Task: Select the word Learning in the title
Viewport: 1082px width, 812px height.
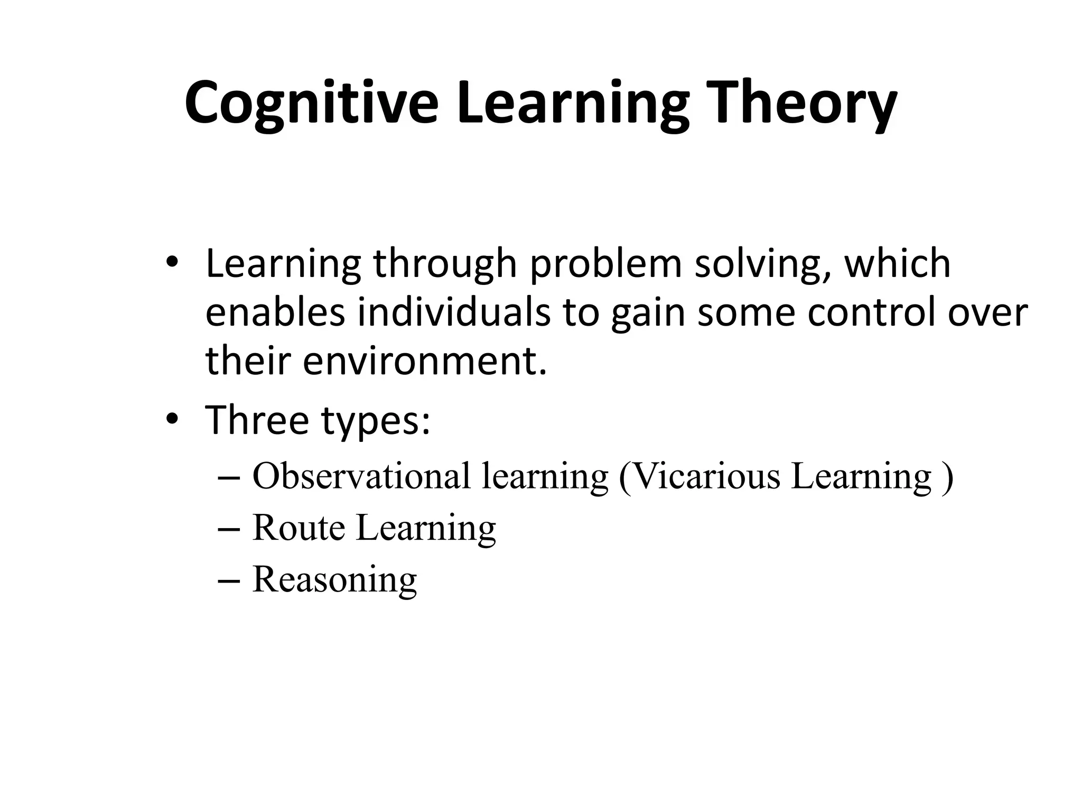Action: pos(573,104)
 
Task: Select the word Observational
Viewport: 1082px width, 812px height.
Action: pos(361,476)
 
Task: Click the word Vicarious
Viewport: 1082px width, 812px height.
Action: pos(705,476)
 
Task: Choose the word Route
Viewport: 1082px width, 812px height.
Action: pos(299,528)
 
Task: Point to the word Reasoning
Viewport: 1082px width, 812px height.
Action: pos(335,579)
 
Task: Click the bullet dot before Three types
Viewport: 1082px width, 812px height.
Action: pos(172,420)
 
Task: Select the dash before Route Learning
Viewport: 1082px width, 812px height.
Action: pos(228,529)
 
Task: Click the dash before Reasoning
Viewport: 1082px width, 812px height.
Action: pos(228,580)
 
